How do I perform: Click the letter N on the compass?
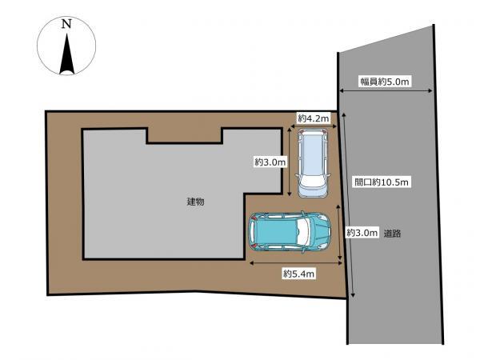click(x=66, y=23)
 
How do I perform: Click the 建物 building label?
click(x=196, y=202)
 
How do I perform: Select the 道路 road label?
click(x=392, y=234)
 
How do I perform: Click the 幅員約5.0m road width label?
click(x=384, y=82)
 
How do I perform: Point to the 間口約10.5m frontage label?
click(x=381, y=182)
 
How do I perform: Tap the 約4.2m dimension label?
click(x=314, y=118)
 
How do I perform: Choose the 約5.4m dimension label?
click(x=298, y=274)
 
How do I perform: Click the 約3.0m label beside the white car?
click(x=270, y=162)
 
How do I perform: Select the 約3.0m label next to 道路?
click(x=362, y=233)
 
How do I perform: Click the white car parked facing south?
click(x=313, y=163)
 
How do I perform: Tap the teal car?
click(x=290, y=232)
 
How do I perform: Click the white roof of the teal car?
click(x=304, y=232)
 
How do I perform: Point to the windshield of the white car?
click(x=312, y=180)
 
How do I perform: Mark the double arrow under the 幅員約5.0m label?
click(x=386, y=90)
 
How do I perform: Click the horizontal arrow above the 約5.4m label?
click(x=296, y=262)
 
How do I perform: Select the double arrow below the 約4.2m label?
click(x=314, y=126)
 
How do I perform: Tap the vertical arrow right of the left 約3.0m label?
click(x=290, y=162)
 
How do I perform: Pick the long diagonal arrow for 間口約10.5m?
click(x=348, y=205)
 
